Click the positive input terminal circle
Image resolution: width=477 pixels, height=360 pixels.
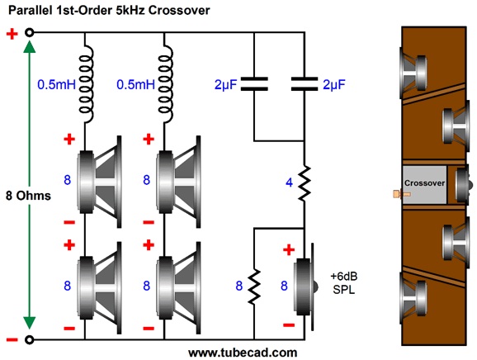(x=29, y=32)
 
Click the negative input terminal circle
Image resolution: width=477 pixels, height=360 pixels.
(x=29, y=339)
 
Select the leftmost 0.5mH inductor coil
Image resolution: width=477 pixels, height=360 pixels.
(x=86, y=84)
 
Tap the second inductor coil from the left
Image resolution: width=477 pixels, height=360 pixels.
(x=165, y=84)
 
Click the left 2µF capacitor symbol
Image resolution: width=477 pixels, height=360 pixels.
(x=254, y=84)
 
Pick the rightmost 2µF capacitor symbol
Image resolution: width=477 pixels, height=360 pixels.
(x=305, y=84)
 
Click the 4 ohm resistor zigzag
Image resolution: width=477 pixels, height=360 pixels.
(x=305, y=183)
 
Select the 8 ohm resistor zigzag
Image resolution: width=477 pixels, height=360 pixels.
(x=254, y=287)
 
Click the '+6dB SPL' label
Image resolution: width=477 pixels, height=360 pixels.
(x=344, y=283)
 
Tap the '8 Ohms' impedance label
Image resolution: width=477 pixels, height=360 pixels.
(x=28, y=196)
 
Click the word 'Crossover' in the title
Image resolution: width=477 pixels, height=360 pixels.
(x=179, y=11)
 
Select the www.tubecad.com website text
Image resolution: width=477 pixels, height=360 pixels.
(x=243, y=353)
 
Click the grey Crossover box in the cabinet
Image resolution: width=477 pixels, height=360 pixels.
(x=424, y=185)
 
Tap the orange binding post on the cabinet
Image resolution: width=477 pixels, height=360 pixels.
(x=402, y=194)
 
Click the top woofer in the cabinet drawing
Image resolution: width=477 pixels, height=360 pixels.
(x=413, y=73)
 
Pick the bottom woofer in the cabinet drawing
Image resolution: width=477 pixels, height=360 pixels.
(x=413, y=297)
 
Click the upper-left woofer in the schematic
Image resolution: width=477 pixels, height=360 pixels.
(x=100, y=182)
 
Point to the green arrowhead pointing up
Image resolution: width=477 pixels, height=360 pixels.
(x=30, y=46)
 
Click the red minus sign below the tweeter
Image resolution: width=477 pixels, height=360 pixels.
(x=289, y=325)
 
